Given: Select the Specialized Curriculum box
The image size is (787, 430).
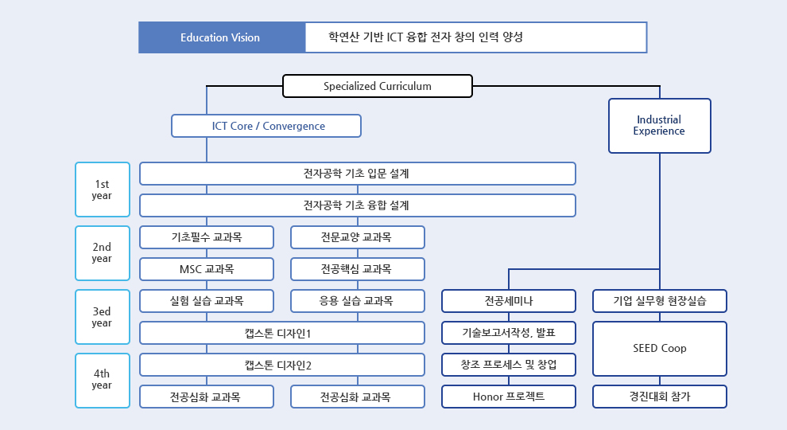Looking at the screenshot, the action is pos(378,86).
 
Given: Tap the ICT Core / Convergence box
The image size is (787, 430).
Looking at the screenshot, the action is pos(266,126).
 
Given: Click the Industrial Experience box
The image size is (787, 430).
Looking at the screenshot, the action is pos(660,126).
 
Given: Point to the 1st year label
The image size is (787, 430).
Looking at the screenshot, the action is pos(103,190).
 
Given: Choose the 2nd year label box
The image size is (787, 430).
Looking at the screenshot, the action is pos(103,253).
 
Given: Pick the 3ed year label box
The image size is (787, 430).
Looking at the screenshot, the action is pos(103,317).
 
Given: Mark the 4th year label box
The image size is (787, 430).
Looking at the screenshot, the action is pos(103,380).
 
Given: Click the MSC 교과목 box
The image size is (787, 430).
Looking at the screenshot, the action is pos(207,269).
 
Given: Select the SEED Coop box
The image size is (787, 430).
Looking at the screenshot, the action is pos(660,349).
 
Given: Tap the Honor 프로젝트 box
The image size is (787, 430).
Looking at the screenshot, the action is pos(509,397).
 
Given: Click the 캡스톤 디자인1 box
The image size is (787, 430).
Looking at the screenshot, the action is pos(282,333).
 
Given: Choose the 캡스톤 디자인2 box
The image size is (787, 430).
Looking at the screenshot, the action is pos(282,365).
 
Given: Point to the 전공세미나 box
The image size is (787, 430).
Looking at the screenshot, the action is pos(509,301).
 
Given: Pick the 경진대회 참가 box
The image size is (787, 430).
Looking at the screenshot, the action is pos(660,397).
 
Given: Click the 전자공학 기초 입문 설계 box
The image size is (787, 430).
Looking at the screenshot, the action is pos(358,174).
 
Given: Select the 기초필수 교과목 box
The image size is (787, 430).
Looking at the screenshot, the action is pos(207,237).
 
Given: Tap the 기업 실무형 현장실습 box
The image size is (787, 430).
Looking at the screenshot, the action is pos(660,301).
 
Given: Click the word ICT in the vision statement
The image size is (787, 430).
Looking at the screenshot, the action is pos(394,37).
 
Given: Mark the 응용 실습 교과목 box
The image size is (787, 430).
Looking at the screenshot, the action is pos(358,301).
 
